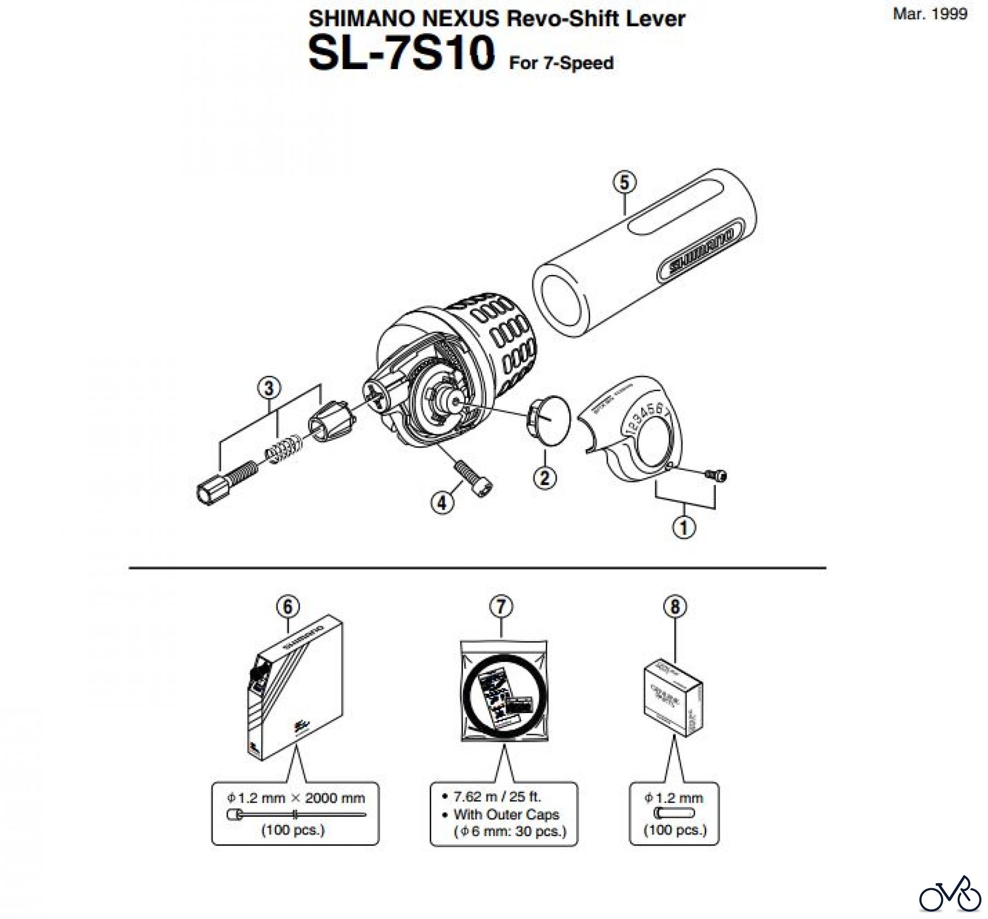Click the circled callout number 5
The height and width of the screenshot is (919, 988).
tap(624, 182)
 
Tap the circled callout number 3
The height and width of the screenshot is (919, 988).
tap(268, 388)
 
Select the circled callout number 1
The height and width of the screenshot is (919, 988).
tap(683, 528)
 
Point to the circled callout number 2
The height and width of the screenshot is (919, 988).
tap(544, 477)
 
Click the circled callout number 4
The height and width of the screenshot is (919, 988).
tap(442, 502)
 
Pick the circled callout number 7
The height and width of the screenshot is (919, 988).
tap(501, 607)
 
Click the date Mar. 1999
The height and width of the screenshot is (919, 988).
tap(930, 14)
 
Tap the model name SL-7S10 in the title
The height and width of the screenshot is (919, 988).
tap(401, 54)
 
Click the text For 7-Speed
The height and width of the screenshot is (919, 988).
tap(561, 63)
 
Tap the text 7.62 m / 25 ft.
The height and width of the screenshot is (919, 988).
tap(496, 796)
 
